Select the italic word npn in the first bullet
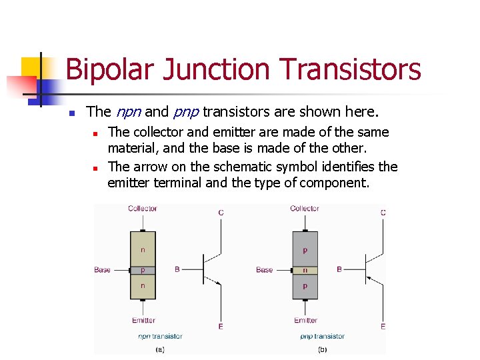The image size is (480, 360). pyautogui.click(x=128, y=111)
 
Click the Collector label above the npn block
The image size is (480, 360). pyautogui.click(x=143, y=209)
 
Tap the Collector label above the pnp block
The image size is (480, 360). pyautogui.click(x=305, y=209)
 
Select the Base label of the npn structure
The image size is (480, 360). pyautogui.click(x=103, y=270)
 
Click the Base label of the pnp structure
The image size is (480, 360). pyautogui.click(x=265, y=270)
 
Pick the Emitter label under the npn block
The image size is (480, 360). pyautogui.click(x=144, y=321)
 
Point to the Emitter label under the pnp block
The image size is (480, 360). pyautogui.click(x=306, y=321)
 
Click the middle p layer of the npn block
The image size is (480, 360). pyautogui.click(x=143, y=270)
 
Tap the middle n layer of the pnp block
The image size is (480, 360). pyautogui.click(x=305, y=270)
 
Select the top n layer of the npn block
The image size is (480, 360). pyautogui.click(x=143, y=250)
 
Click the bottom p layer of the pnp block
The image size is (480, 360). pyautogui.click(x=305, y=286)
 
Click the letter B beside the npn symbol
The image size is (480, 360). pyautogui.click(x=177, y=269)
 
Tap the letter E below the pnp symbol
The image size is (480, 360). pyautogui.click(x=383, y=327)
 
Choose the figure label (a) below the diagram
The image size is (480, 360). pyautogui.click(x=160, y=349)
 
